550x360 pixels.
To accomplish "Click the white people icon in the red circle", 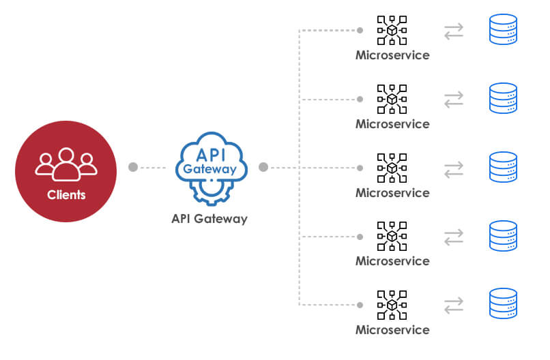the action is (x=66, y=164).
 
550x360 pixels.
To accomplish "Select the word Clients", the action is (x=66, y=195).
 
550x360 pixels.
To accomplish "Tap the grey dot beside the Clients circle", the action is (x=133, y=167).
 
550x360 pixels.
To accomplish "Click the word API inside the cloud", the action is (x=211, y=155).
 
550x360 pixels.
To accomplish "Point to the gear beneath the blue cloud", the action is (x=211, y=192).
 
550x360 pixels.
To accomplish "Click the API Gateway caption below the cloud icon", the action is (x=209, y=219).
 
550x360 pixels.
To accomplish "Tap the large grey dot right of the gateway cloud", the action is (x=263, y=167).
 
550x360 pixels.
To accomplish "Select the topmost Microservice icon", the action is (x=392, y=30).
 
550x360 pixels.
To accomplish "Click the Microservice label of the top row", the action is (x=392, y=55).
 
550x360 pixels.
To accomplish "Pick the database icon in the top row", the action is (x=503, y=29).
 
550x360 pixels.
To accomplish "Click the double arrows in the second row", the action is (x=454, y=100).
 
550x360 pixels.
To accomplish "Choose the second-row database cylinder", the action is (x=503, y=98).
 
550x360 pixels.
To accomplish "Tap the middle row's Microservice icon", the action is (x=392, y=168).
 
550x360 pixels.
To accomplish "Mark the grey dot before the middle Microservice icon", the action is (x=360, y=168).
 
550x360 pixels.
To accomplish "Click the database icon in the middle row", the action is (x=503, y=167).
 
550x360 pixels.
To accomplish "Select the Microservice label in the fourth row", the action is (x=392, y=261).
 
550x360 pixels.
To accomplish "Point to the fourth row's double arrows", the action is (x=454, y=237).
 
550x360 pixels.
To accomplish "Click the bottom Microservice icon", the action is (x=392, y=305).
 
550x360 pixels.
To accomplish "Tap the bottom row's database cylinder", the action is (x=503, y=303).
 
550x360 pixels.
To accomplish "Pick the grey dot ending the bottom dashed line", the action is (x=360, y=305).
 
